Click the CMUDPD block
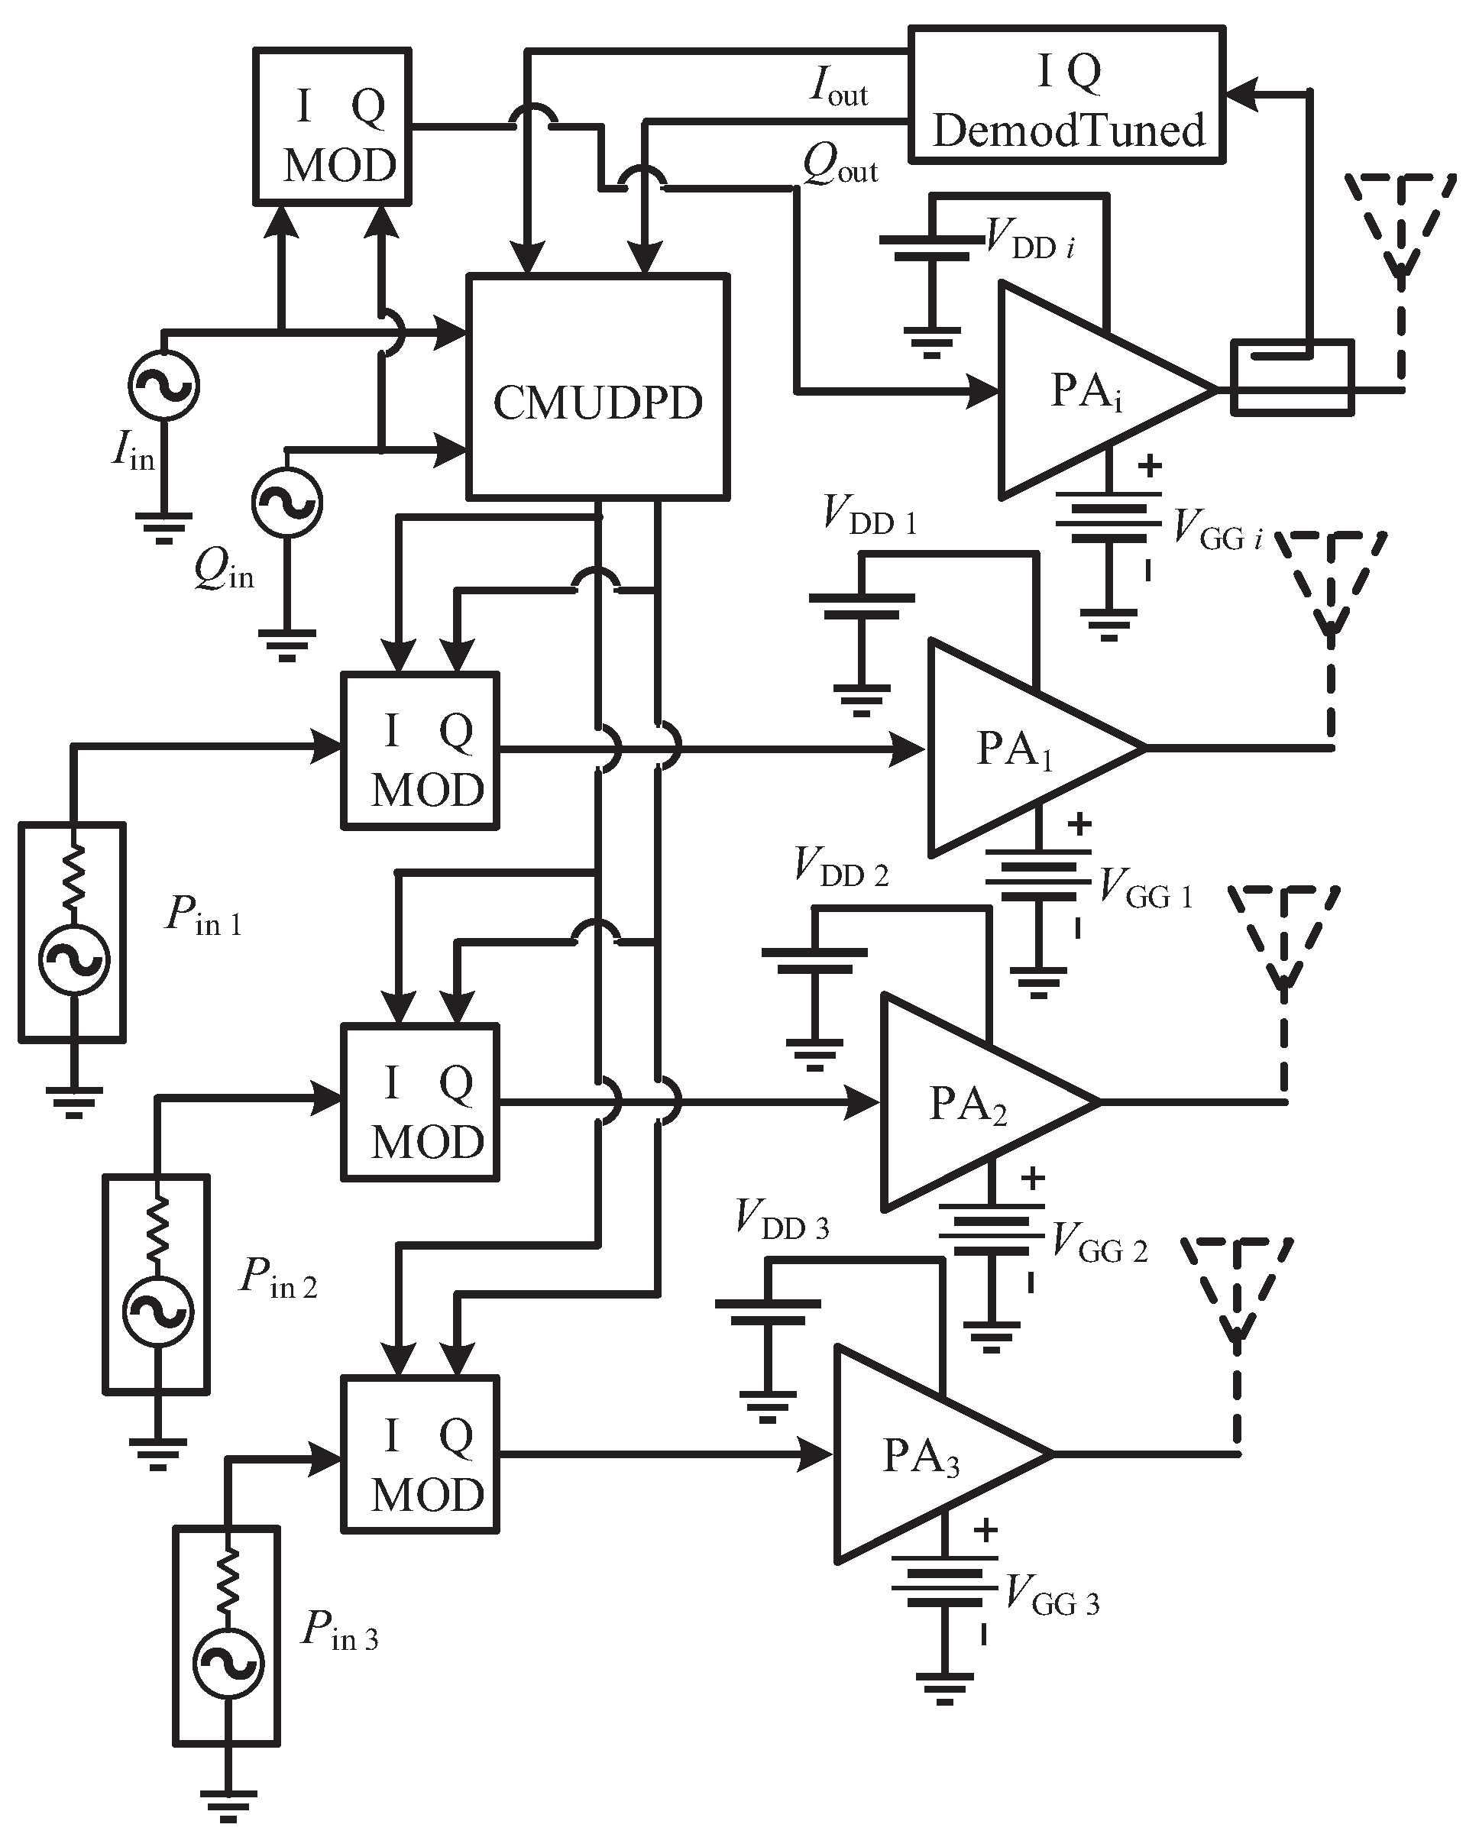click(598, 386)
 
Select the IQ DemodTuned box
click(1066, 95)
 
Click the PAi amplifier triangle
click(1090, 390)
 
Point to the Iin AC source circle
click(163, 385)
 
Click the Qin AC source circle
click(287, 503)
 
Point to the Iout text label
click(838, 88)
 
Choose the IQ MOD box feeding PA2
click(420, 1102)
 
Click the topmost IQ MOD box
click(333, 126)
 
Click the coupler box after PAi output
click(1292, 377)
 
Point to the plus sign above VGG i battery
click(1148, 466)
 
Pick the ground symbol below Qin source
click(287, 645)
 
